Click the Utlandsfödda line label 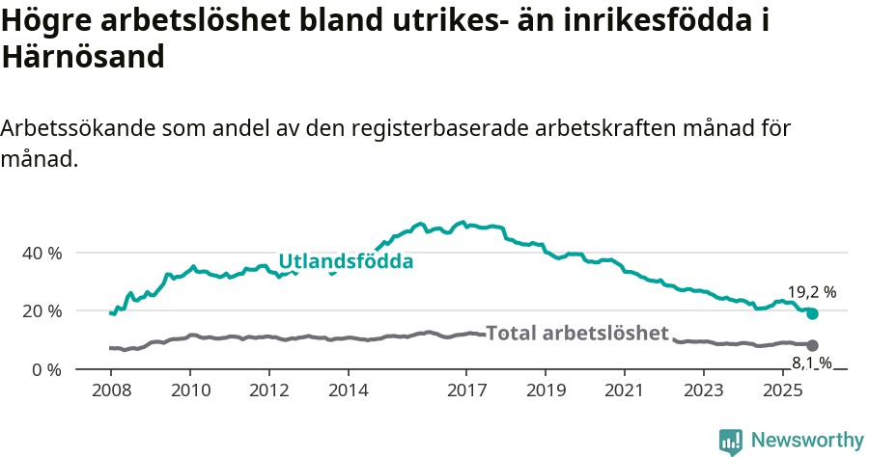(x=346, y=261)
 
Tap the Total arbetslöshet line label (x=576, y=334)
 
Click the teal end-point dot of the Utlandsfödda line (x=812, y=313)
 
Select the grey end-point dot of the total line (x=812, y=345)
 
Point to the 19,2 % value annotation (x=811, y=291)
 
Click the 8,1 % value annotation (x=812, y=363)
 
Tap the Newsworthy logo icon (x=731, y=442)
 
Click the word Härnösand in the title (x=83, y=57)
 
